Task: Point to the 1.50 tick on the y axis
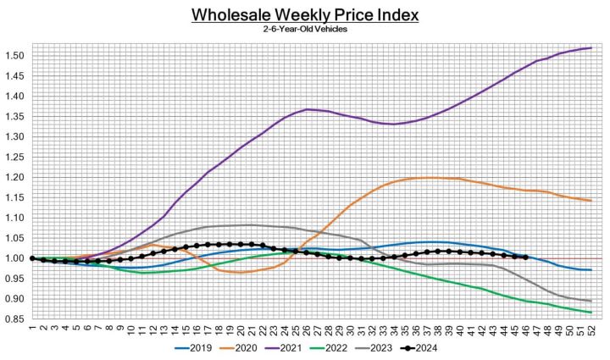click(x=15, y=55)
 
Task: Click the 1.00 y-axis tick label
click(x=15, y=258)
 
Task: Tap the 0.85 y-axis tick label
click(x=15, y=319)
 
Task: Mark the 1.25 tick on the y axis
click(x=15, y=157)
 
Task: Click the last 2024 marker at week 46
click(x=525, y=258)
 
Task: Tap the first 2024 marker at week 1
click(x=32, y=258)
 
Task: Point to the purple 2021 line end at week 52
click(x=591, y=47)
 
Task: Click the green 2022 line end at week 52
click(x=591, y=313)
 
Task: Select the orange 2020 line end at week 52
click(x=591, y=201)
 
